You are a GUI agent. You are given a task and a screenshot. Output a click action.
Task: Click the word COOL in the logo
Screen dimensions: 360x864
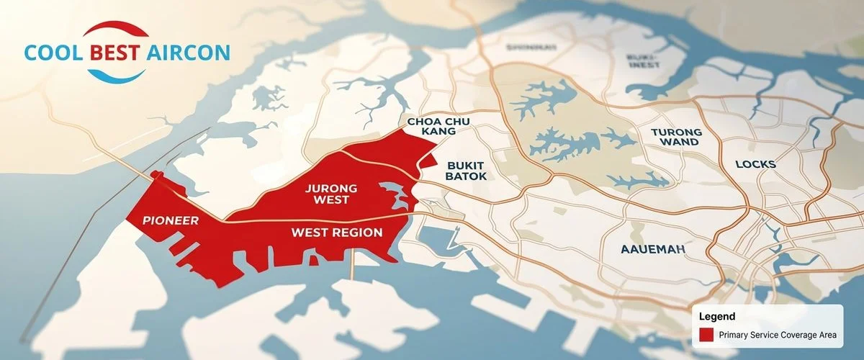(x=53, y=53)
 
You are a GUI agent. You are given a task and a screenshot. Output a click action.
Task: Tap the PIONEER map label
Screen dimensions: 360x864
(x=171, y=220)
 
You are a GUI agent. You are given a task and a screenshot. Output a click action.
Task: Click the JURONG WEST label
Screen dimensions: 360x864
(x=331, y=194)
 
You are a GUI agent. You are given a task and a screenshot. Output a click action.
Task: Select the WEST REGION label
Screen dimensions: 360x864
(x=336, y=233)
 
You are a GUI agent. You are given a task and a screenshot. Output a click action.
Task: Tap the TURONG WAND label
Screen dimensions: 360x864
(x=675, y=137)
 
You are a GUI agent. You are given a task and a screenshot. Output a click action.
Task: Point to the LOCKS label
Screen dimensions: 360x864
(x=755, y=164)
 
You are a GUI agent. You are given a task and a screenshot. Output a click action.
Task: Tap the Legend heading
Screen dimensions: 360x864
(x=717, y=316)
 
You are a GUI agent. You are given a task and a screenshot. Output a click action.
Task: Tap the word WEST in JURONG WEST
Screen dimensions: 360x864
(x=331, y=201)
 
